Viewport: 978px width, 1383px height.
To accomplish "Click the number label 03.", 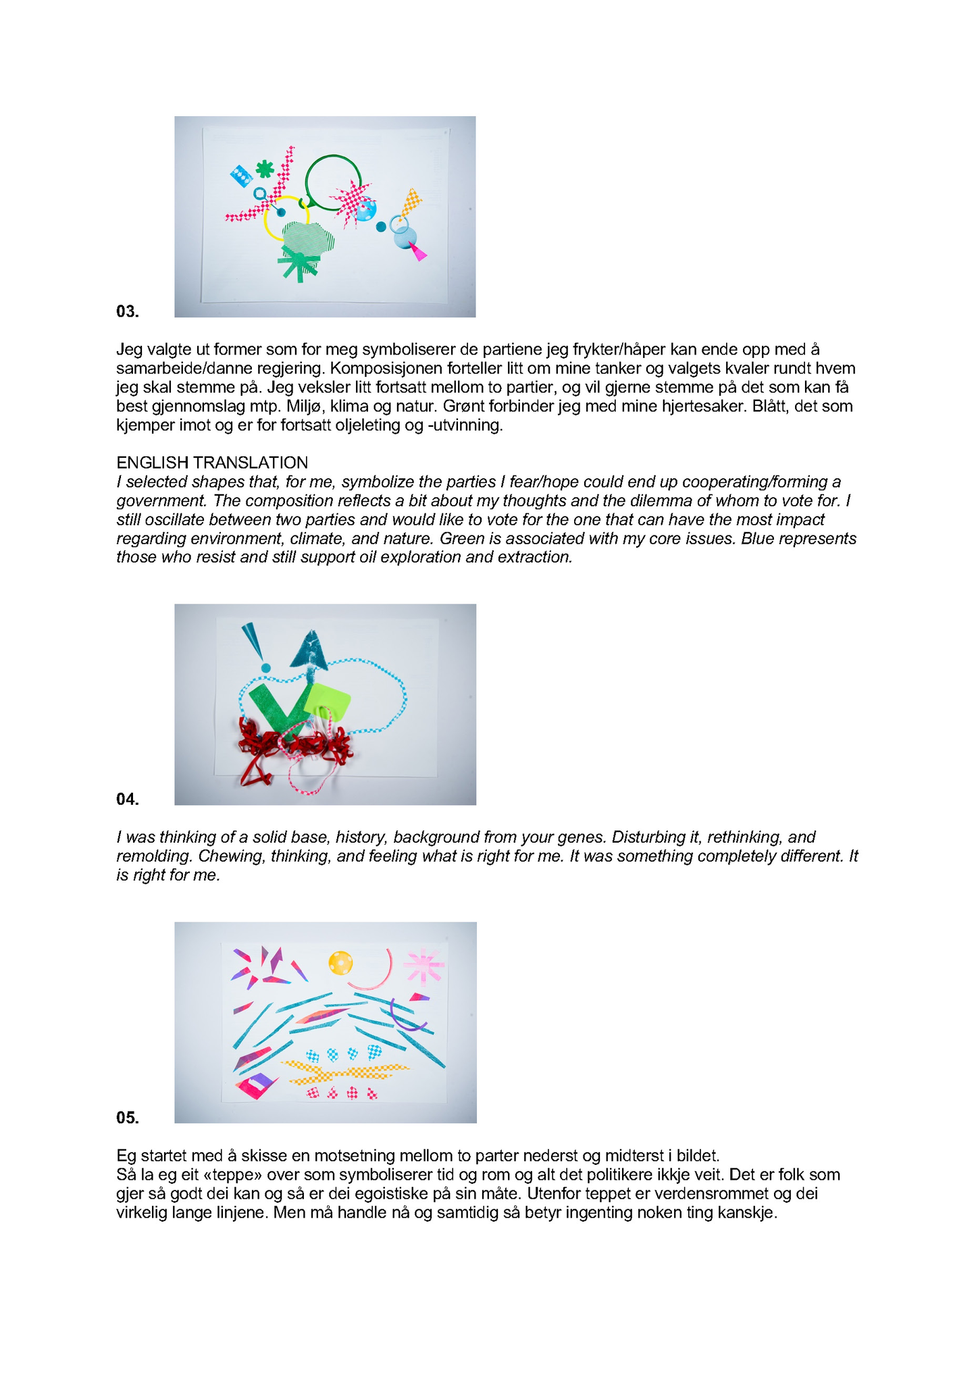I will click(x=128, y=311).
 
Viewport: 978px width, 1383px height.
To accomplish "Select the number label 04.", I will click(x=128, y=800).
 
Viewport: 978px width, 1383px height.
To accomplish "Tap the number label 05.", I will click(x=128, y=1118).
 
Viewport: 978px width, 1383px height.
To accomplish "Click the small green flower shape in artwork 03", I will click(x=265, y=169).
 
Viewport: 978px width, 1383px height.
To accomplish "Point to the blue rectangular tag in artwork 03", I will click(x=240, y=176).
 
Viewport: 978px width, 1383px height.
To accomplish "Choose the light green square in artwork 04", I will click(x=328, y=703).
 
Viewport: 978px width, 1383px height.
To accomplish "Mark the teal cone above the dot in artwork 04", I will click(x=254, y=641).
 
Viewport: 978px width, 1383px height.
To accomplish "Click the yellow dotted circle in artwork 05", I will click(x=340, y=963).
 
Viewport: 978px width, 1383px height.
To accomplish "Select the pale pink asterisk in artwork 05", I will click(x=423, y=966).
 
